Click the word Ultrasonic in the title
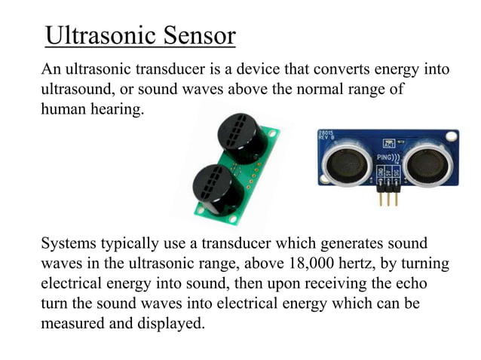91,35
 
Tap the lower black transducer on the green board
218,189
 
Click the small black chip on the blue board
389,143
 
